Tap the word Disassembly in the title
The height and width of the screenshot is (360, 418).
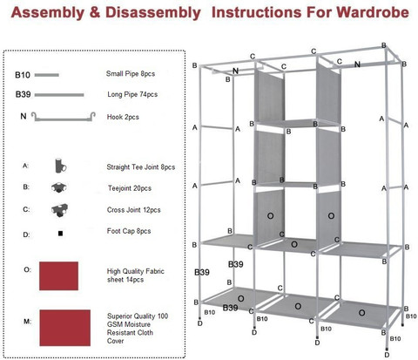pos(153,13)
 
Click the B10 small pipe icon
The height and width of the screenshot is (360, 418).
pos(47,75)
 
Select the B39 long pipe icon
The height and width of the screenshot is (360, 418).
pos(59,95)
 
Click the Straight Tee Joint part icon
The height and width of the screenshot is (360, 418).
pos(60,166)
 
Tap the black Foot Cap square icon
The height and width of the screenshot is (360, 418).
pos(60,234)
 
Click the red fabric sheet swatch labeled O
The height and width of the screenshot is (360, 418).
pos(58,275)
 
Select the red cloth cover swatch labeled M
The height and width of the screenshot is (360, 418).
pos(65,328)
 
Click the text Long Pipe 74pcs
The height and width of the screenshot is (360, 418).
pos(132,94)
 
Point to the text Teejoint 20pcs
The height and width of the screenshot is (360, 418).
pos(130,188)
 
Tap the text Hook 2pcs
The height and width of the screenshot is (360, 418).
pos(123,117)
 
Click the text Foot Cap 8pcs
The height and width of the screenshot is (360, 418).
pos(129,231)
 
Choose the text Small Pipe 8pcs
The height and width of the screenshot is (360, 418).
pos(131,74)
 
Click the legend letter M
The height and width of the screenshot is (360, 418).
pos(27,322)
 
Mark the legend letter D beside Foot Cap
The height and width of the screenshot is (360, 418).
pos(26,234)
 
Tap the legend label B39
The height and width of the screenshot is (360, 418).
pos(23,95)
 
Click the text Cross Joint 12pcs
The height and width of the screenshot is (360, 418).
pos(133,210)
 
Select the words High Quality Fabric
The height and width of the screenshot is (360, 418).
pos(136,271)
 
